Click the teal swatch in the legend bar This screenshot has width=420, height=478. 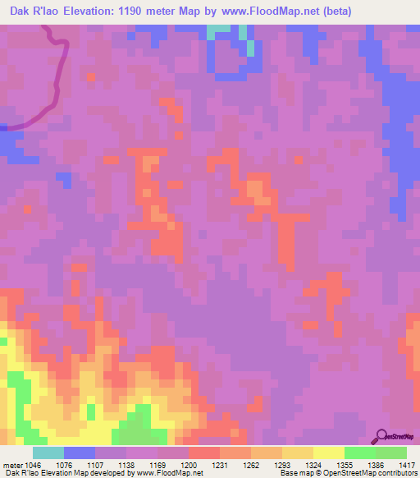[x=48, y=453]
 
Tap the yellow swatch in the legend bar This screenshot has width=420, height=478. [x=297, y=453]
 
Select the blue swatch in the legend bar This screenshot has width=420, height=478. [x=80, y=453]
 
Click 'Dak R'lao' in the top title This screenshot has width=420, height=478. [x=30, y=11]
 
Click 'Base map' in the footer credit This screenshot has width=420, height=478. [x=293, y=473]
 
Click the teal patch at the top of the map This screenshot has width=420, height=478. [x=218, y=31]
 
